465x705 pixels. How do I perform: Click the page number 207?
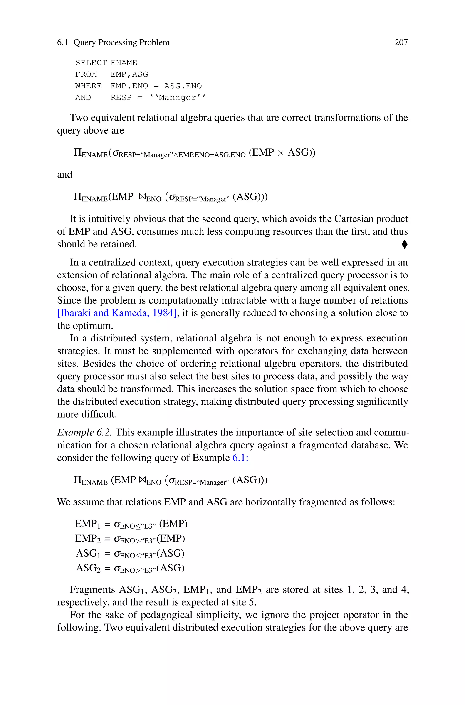pyautogui.click(x=401, y=42)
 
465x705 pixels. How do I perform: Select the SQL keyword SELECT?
pyautogui.click(x=91, y=63)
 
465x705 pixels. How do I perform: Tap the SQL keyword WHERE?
pyautogui.click(x=88, y=86)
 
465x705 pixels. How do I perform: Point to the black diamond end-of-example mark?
pyautogui.click(x=404, y=245)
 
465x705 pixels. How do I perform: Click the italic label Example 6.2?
pyautogui.click(x=84, y=433)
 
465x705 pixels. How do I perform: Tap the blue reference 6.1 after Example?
pyautogui.click(x=239, y=458)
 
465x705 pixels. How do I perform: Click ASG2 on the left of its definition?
pyautogui.click(x=88, y=568)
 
